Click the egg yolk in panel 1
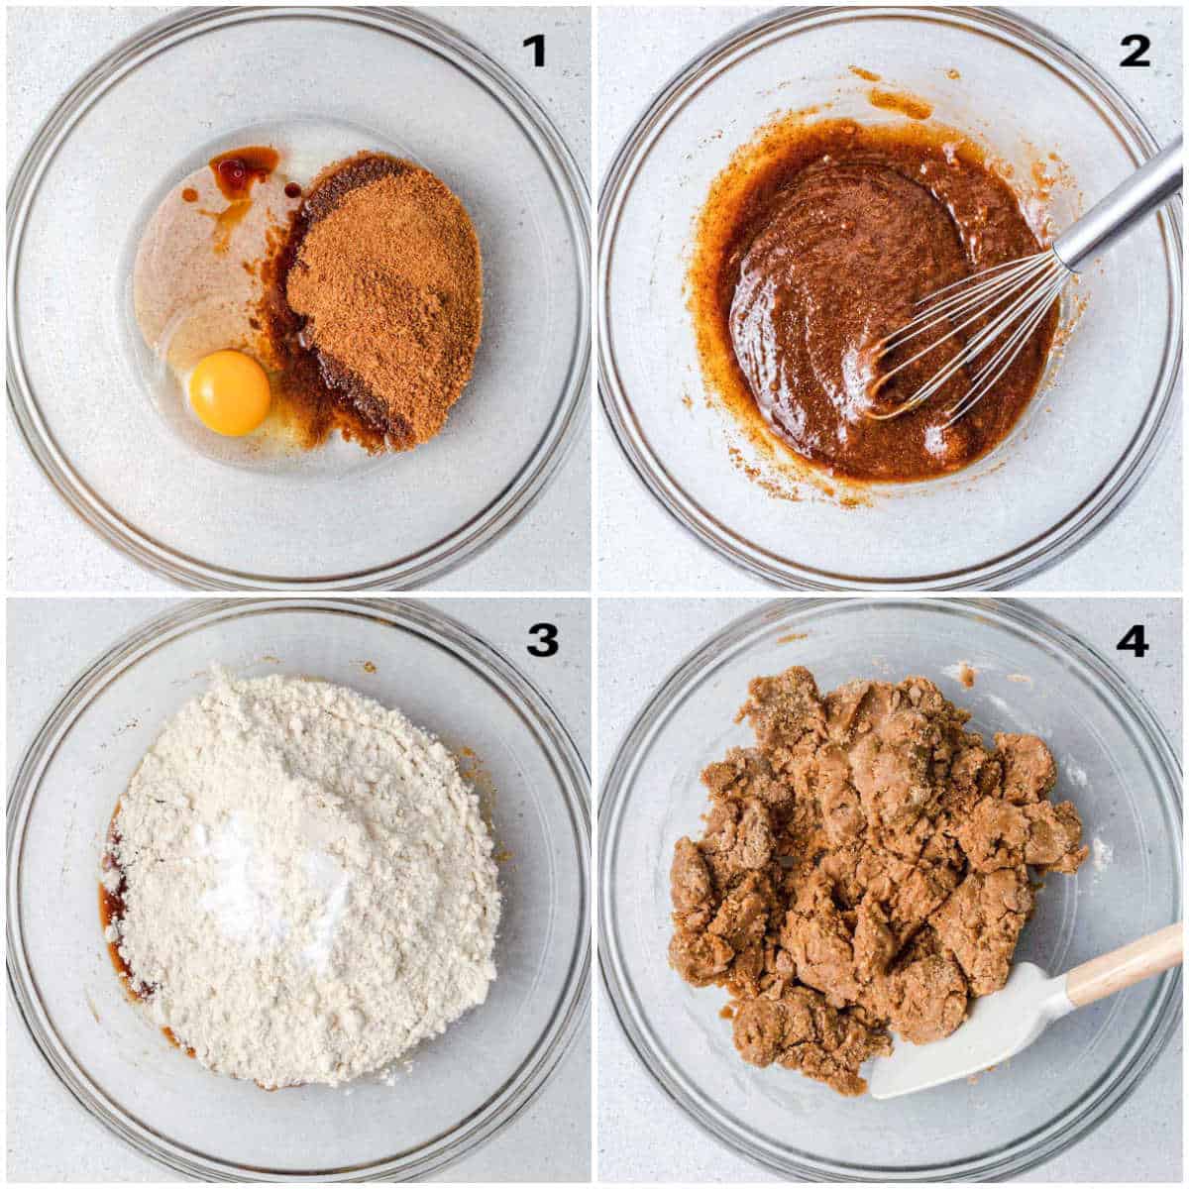(230, 394)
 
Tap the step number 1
(535, 50)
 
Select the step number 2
(1135, 50)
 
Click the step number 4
(1132, 641)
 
